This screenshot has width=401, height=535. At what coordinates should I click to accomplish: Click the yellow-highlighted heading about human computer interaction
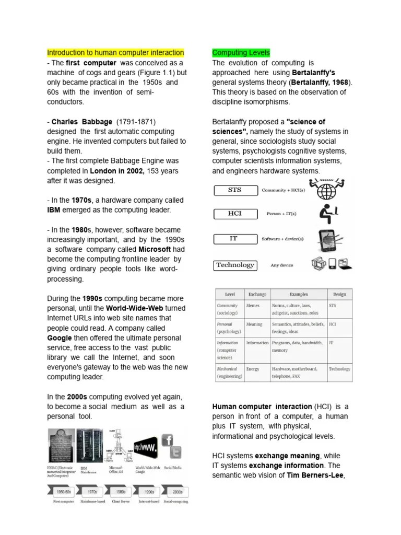[115, 53]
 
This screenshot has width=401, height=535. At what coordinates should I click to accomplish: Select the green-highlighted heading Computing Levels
[241, 53]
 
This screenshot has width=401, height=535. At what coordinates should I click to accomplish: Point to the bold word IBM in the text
[54, 210]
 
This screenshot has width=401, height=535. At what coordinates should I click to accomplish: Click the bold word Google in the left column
[59, 338]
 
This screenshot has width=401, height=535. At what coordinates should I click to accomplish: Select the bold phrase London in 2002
[116, 171]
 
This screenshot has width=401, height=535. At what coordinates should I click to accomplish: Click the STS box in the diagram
[235, 190]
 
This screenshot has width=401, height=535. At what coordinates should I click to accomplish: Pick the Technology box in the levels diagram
[235, 265]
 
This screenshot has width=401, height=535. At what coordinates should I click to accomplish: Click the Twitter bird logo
[177, 453]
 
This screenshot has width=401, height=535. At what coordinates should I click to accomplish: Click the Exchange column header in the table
[257, 294]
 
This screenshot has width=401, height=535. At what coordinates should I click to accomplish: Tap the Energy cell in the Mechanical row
[253, 369]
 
